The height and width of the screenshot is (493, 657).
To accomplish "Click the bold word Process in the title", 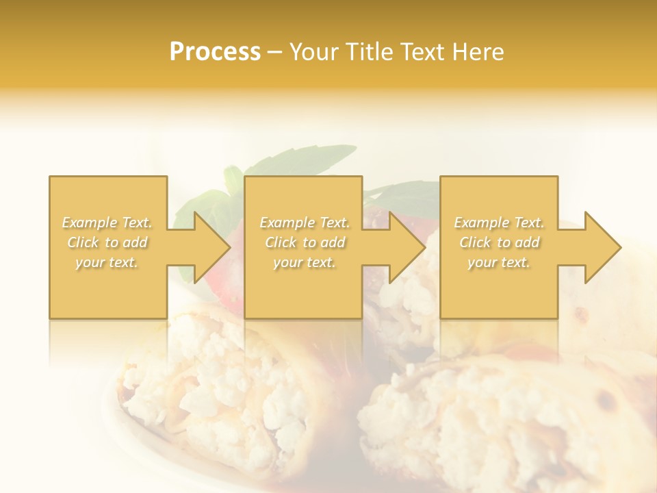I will point(215,52).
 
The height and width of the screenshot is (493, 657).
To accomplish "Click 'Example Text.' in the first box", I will point(107,223).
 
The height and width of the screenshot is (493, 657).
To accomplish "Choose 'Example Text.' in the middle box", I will point(305,223).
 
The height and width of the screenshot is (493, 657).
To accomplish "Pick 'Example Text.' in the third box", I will point(499,223).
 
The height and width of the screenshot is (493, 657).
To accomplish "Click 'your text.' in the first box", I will point(107,262).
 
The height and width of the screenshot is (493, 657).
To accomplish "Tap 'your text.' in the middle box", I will point(305,262).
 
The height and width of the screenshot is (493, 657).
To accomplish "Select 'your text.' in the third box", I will point(499,262).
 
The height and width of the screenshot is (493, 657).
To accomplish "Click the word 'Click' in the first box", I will point(83,242).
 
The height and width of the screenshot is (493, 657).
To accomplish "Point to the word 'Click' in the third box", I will point(475,242).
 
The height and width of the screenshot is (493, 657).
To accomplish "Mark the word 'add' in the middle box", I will point(332,242).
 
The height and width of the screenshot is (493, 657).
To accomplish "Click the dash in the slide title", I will point(275,53).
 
